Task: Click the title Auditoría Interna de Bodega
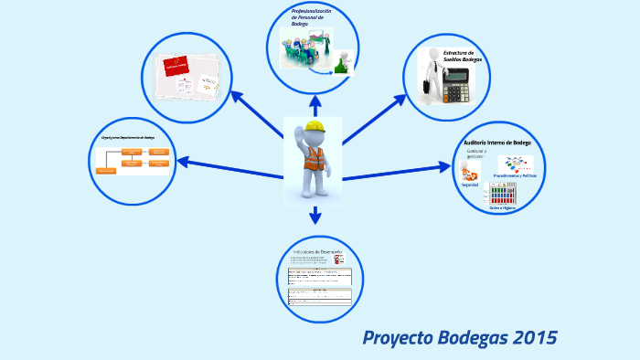[x=497, y=143]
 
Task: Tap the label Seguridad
[x=470, y=185]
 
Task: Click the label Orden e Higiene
[x=502, y=208]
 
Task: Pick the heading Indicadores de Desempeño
[x=316, y=251]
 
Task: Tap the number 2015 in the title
[x=535, y=338]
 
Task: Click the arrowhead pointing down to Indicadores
[x=315, y=219]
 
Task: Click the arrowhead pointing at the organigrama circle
[x=182, y=162]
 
